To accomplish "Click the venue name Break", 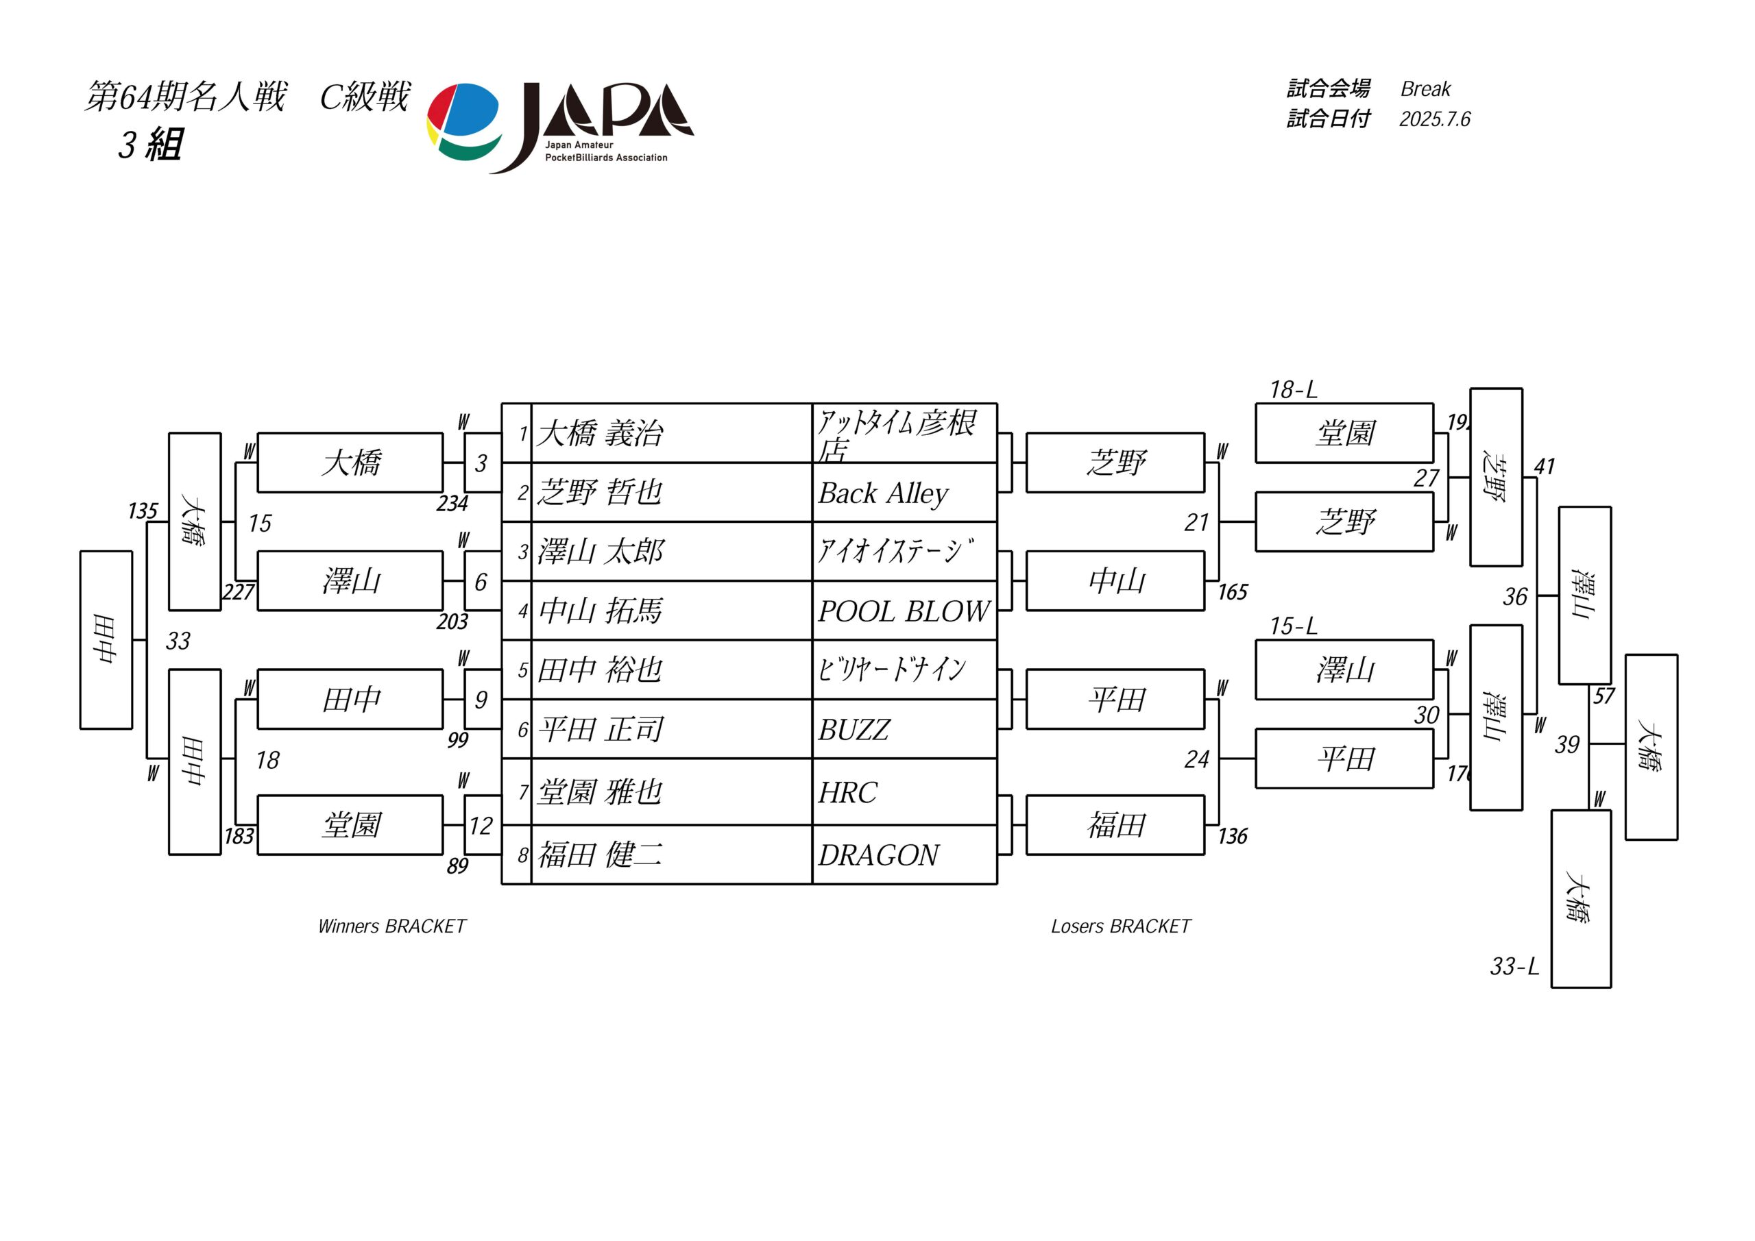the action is (1425, 88).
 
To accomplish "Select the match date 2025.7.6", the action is (1435, 119).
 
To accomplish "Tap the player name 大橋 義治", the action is (600, 433).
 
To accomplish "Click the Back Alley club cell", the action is (904, 493).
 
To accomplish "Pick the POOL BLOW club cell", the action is (904, 611).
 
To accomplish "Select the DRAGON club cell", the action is (904, 855).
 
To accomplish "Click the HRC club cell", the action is (904, 792).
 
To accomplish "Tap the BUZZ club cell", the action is (904, 730).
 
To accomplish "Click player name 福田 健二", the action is (600, 855).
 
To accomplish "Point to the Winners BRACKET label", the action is (391, 926).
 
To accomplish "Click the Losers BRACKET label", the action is (1121, 926).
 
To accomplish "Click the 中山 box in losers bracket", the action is (1115, 581).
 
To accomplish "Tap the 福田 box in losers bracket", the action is (1115, 825).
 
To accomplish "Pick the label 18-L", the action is (1294, 390).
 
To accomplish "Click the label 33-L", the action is (1514, 967).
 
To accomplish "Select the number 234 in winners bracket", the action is (452, 504).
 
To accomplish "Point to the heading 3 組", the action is (151, 145).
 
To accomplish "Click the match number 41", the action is (1544, 466).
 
